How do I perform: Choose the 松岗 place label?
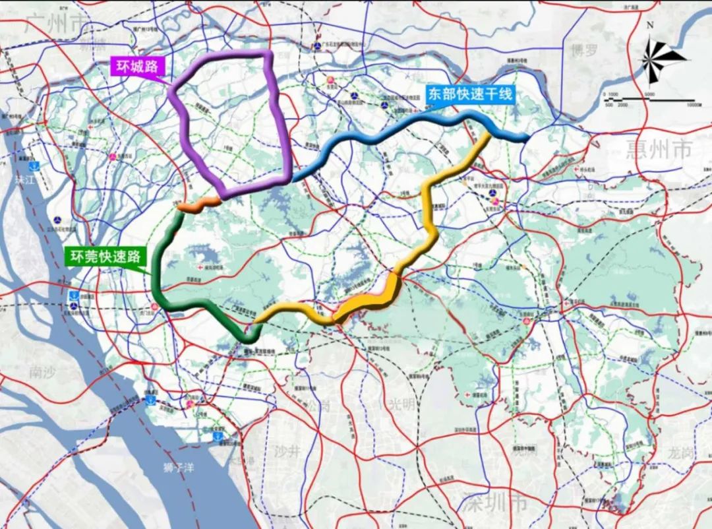[x=317, y=404]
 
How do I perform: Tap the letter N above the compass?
[x=650, y=25]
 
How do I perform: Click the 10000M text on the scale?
[x=692, y=105]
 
